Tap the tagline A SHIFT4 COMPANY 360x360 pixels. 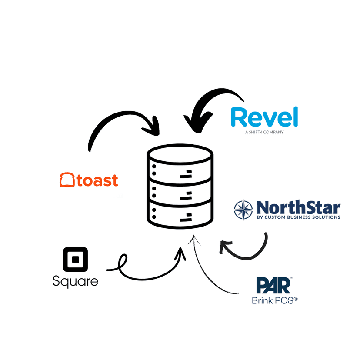click(x=264, y=132)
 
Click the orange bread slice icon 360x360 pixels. click(x=67, y=180)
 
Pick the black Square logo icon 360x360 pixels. click(x=75, y=260)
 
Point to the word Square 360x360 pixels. click(x=75, y=281)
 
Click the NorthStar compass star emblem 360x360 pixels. click(x=243, y=210)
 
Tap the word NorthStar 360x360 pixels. click(x=298, y=207)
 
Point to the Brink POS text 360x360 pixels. click(x=274, y=300)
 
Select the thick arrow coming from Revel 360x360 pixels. click(x=204, y=102)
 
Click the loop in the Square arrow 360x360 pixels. click(x=123, y=263)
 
